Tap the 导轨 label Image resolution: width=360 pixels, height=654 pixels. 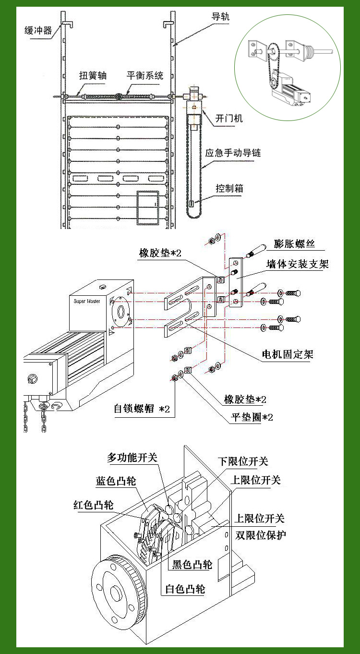(221, 16)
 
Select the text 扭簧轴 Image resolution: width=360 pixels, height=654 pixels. (93, 76)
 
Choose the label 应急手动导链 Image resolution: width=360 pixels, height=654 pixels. (233, 153)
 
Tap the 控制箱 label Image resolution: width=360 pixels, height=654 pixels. (229, 188)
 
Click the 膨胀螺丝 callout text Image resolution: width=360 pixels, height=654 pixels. (294, 243)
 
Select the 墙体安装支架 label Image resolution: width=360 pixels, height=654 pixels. (298, 264)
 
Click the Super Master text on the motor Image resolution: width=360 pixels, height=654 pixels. (87, 301)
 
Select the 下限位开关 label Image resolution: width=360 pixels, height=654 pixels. (243, 461)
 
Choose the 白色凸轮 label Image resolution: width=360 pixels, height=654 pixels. (185, 589)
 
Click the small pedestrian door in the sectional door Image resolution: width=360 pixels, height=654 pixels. (147, 207)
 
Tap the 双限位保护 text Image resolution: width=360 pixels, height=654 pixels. (261, 535)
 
